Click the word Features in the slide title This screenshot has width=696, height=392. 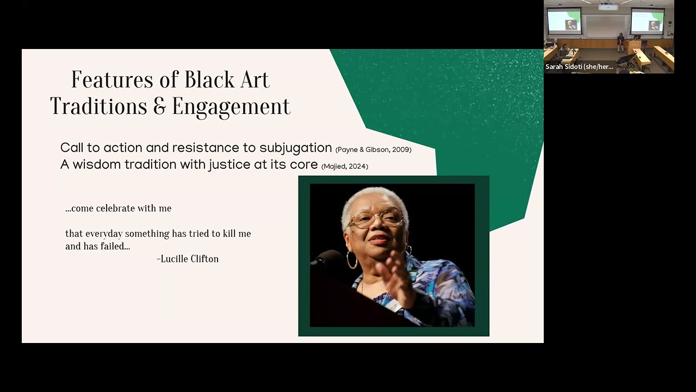(x=113, y=80)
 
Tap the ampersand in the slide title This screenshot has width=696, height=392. (x=159, y=107)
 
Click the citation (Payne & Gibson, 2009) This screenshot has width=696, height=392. (x=373, y=150)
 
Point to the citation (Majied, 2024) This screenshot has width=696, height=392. (x=345, y=167)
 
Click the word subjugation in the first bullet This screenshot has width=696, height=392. (x=295, y=148)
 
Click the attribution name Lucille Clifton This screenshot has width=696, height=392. (x=189, y=259)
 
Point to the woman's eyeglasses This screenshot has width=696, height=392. (x=376, y=219)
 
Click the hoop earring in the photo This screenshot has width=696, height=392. (x=352, y=259)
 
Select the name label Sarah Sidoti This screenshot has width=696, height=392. (x=580, y=66)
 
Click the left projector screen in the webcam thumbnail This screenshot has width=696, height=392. (x=564, y=21)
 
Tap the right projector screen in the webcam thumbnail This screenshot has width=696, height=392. (x=647, y=21)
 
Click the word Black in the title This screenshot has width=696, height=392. (x=206, y=80)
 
